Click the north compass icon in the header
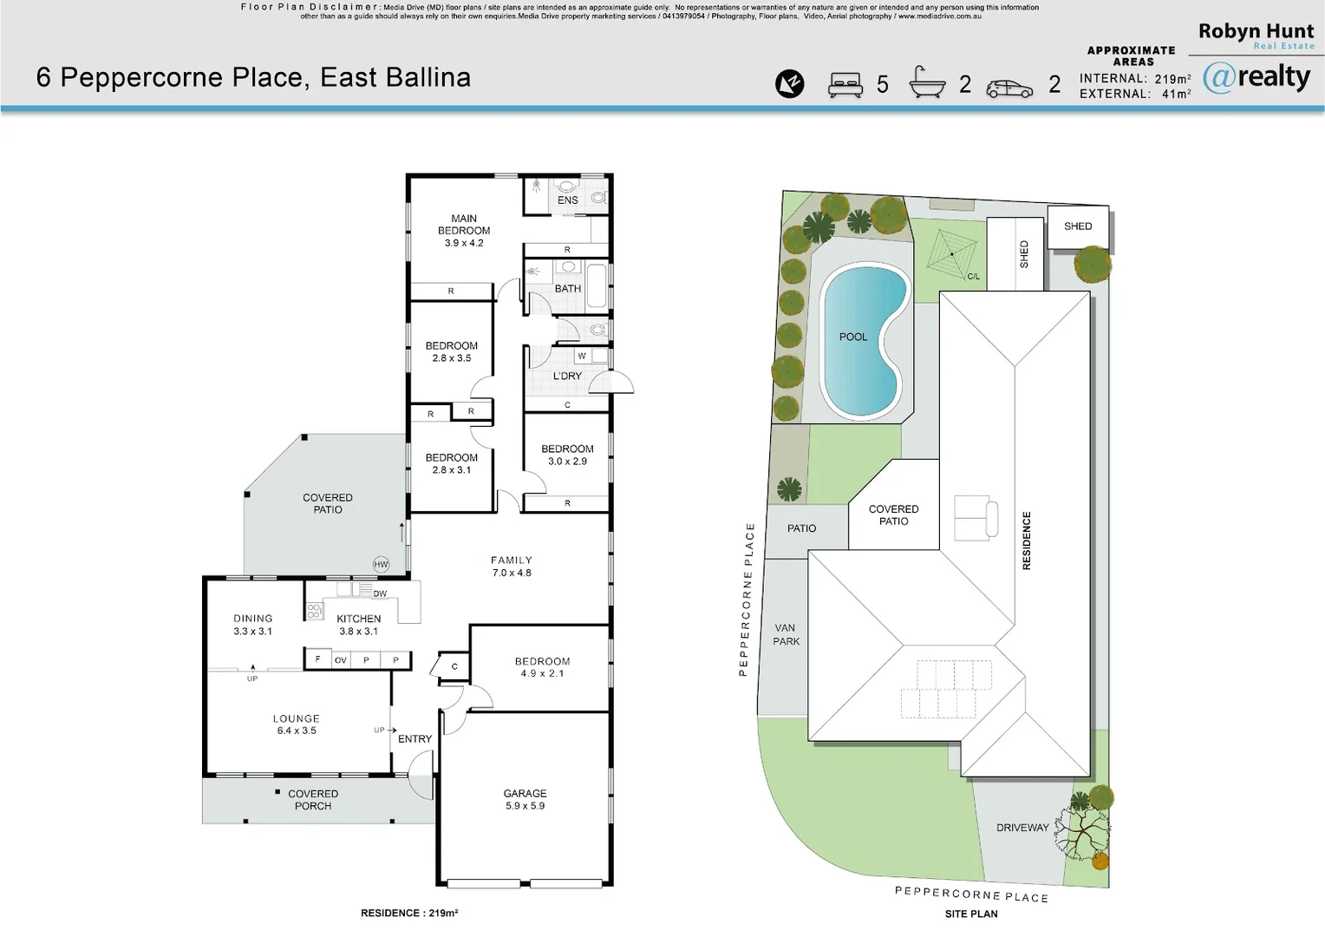[x=789, y=84]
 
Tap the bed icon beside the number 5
[x=845, y=85]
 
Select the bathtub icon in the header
[x=927, y=83]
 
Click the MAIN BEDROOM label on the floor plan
[x=464, y=231]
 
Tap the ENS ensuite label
[x=568, y=200]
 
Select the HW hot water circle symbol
[x=381, y=565]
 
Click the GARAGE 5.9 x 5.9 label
[x=525, y=799]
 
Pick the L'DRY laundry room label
[x=567, y=377]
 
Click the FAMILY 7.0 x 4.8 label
[x=511, y=567]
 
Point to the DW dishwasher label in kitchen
[x=380, y=594]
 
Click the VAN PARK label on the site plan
[x=787, y=634]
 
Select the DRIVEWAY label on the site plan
[x=1022, y=828]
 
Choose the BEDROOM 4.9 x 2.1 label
[x=542, y=667]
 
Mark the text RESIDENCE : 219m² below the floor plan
[x=409, y=913]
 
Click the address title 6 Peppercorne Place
[x=253, y=78]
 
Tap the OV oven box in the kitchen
[x=341, y=660]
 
